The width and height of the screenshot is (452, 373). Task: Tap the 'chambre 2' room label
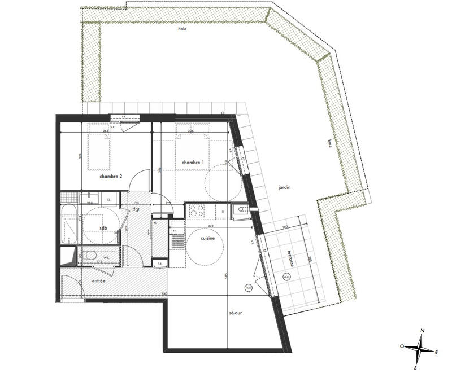[x=111, y=177]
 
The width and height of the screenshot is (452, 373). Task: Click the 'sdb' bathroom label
[x=103, y=229]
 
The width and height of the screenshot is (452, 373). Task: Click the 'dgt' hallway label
[x=136, y=209]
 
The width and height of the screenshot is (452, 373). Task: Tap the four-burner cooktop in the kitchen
[x=196, y=210]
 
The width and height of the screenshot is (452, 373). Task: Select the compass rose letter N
[x=422, y=331]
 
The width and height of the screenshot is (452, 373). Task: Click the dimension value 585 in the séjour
[x=225, y=277]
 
